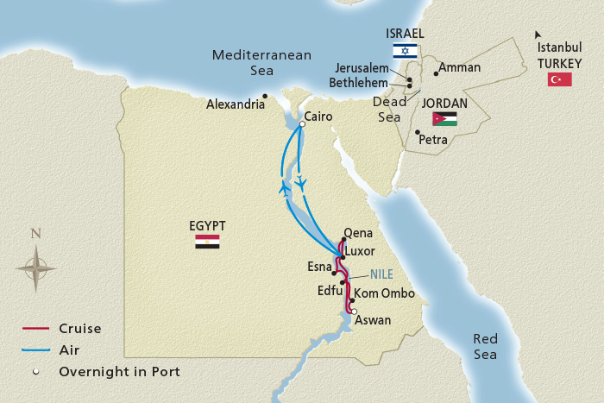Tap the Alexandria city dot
pos(266,96)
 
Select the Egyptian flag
pos(207,242)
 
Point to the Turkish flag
pos(560,79)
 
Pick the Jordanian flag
pos(445,119)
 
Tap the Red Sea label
pos(485,347)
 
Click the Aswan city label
pos(374,320)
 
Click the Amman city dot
pos(436,73)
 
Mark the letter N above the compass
pos(35,233)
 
